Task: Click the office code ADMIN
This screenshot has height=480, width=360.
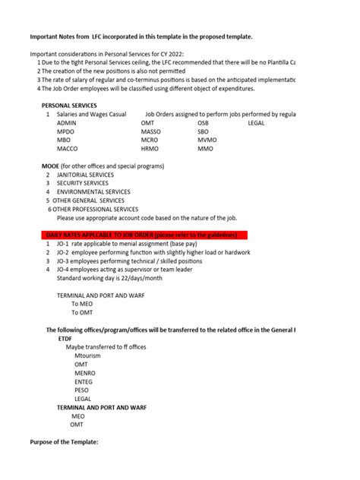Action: pyautogui.click(x=67, y=122)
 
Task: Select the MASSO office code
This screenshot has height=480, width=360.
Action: pyautogui.click(x=151, y=131)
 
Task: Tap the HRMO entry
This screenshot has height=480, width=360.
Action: pyautogui.click(x=150, y=149)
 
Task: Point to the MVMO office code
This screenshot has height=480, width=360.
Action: pyautogui.click(x=207, y=140)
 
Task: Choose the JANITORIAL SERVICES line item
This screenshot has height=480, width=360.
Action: pyautogui.click(x=85, y=175)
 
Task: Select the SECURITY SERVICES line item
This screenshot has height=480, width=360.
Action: pyautogui.click(x=82, y=183)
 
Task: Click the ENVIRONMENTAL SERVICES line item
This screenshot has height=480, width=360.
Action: pyautogui.click(x=93, y=192)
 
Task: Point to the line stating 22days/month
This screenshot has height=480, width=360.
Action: pyautogui.click(x=109, y=277)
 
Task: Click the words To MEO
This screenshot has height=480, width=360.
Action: pyautogui.click(x=82, y=303)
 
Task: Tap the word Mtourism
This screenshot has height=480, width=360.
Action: pyautogui.click(x=90, y=355)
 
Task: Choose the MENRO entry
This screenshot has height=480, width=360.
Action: pyautogui.click(x=85, y=373)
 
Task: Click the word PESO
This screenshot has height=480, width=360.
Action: pyautogui.click(x=82, y=390)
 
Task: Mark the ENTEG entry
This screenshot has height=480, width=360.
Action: pyautogui.click(x=84, y=381)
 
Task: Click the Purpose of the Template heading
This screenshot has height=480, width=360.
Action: pyautogui.click(x=64, y=442)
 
